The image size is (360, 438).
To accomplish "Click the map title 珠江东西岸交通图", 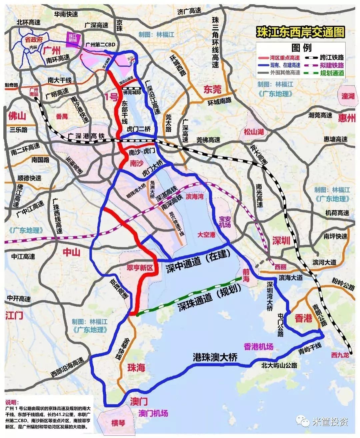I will click(300, 32).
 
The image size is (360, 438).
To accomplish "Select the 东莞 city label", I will click(212, 89).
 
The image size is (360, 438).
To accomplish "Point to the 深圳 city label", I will click(281, 241).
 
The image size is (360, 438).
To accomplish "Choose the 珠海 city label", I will click(136, 368).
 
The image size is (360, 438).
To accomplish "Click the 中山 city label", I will click(72, 253).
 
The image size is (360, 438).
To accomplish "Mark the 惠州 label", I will click(347, 118).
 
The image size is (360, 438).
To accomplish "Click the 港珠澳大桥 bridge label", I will click(215, 357).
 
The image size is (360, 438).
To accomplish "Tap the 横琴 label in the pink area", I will click(118, 423).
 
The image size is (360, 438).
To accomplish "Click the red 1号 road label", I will click(111, 97).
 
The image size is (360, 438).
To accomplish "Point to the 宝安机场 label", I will click(225, 223).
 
